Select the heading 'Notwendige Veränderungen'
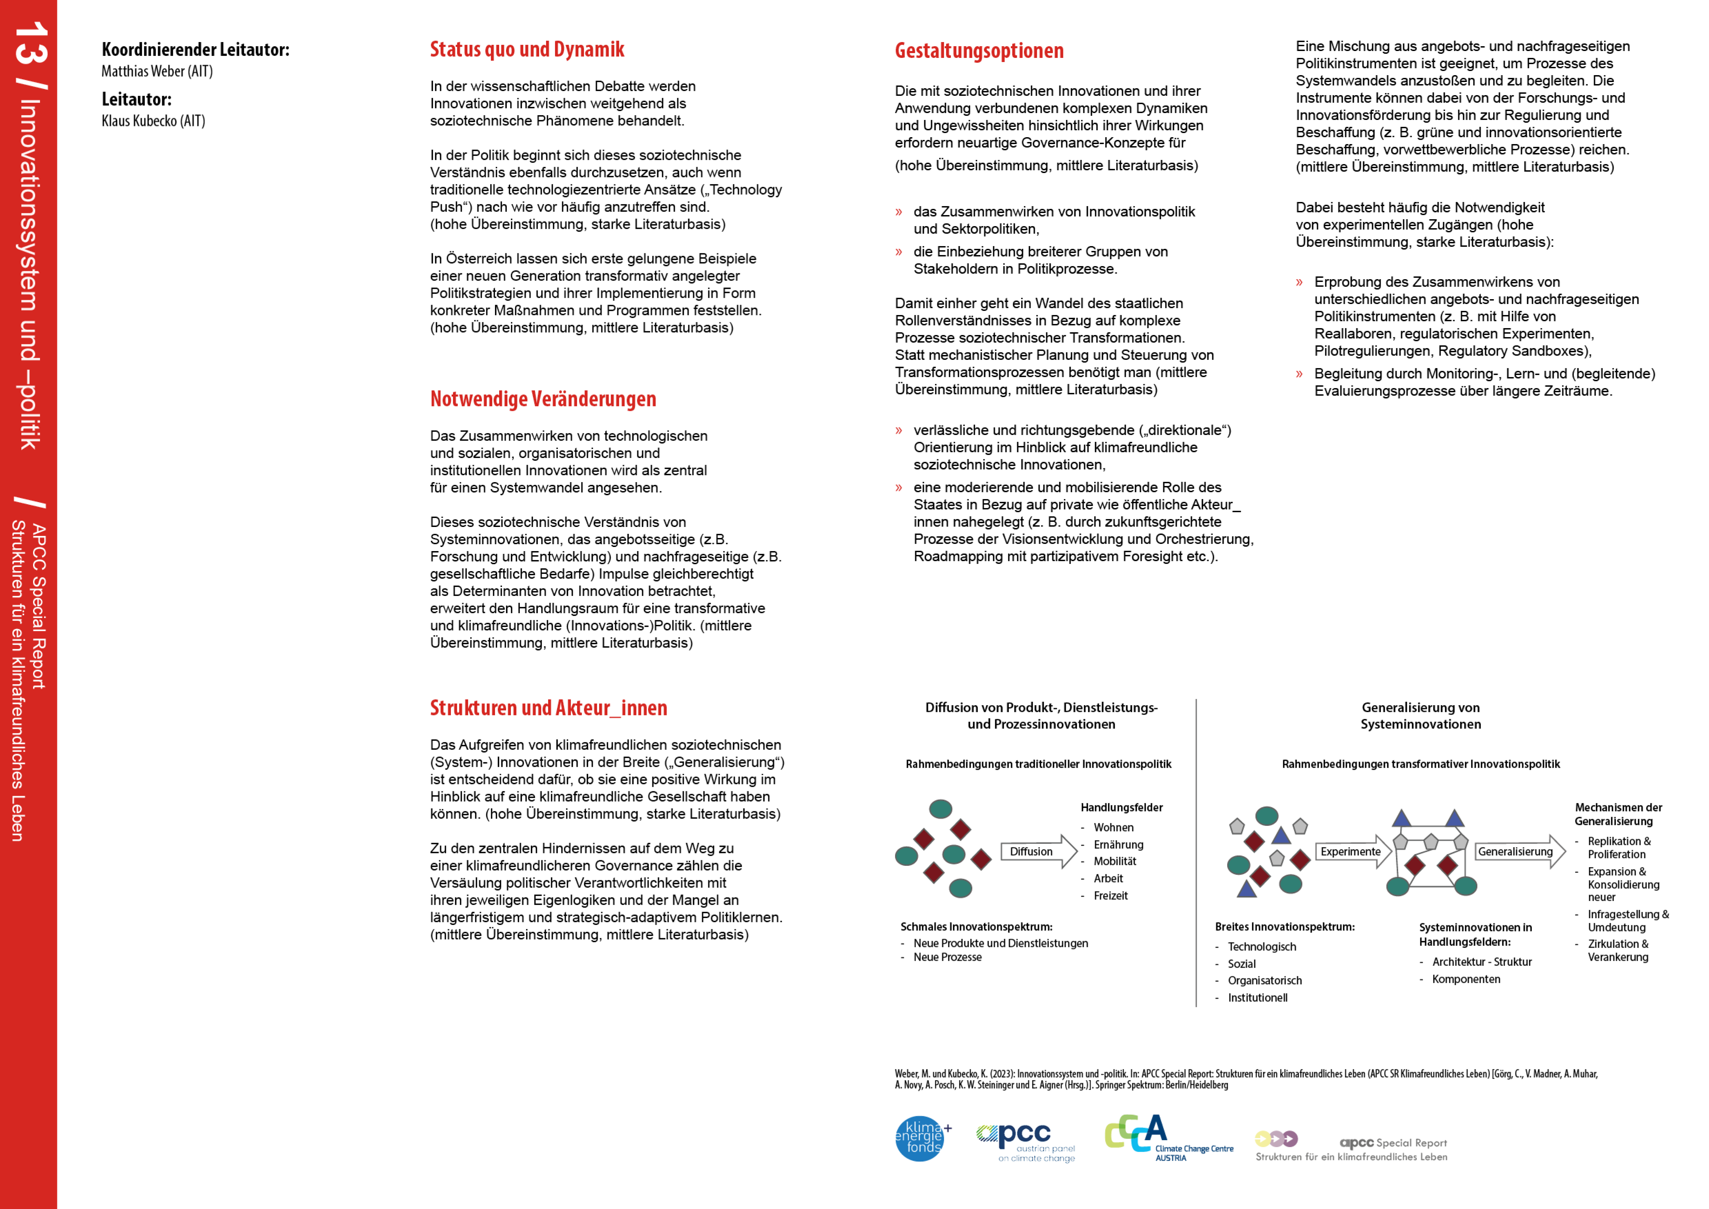click(x=543, y=399)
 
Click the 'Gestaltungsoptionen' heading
click(x=979, y=51)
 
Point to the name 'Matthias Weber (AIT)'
click(x=157, y=71)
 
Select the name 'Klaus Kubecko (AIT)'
click(x=153, y=121)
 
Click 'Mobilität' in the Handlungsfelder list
click(x=1114, y=861)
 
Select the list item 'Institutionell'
click(x=1257, y=998)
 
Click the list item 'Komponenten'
click(x=1465, y=979)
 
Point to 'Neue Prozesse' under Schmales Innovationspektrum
click(x=947, y=957)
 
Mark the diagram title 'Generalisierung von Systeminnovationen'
click(x=1420, y=715)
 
